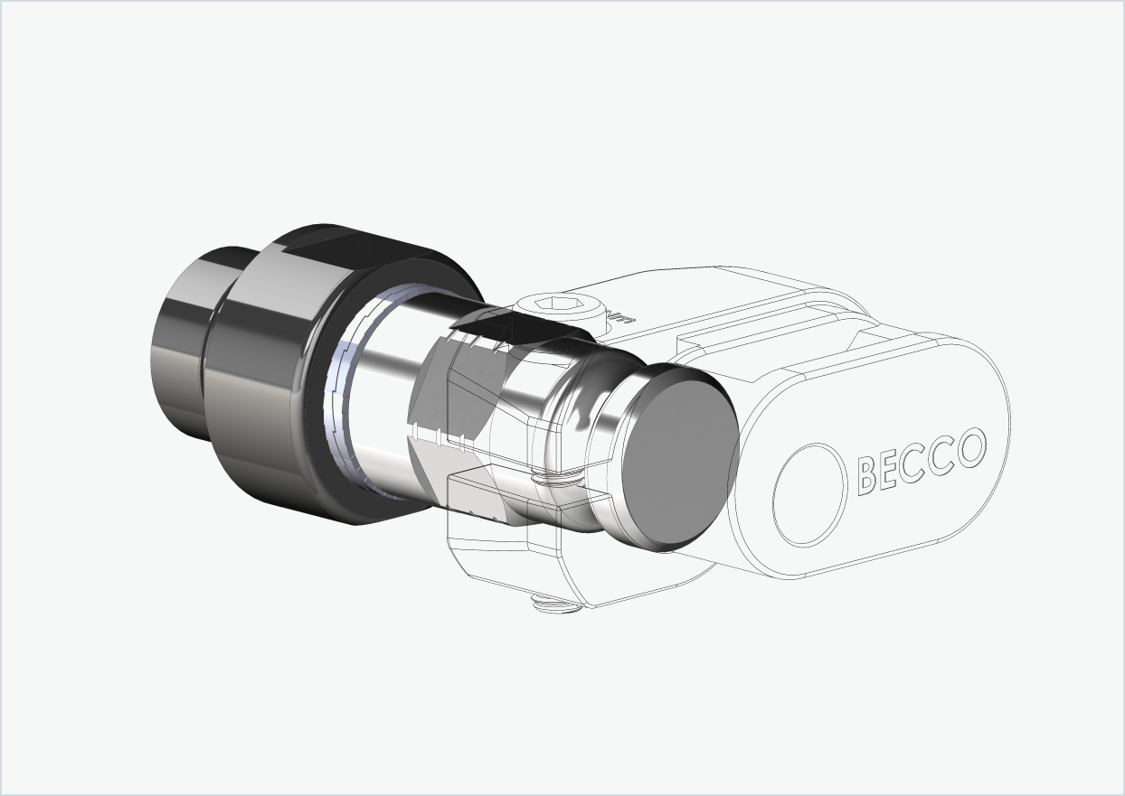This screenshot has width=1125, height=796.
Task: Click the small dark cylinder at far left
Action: pyautogui.click(x=181, y=343)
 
